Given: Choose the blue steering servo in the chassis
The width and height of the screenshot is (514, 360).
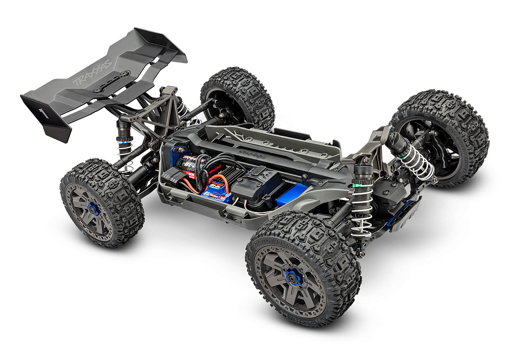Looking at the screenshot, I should [x=293, y=195].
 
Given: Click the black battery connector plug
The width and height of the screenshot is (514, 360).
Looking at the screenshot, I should [x=175, y=177].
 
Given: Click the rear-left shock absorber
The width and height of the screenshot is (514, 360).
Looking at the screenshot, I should [x=123, y=139].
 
